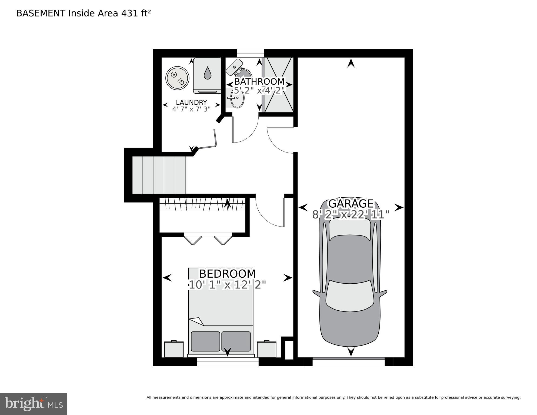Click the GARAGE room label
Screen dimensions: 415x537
351,203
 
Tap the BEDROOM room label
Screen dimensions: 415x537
227,274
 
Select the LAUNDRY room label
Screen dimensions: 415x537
191,102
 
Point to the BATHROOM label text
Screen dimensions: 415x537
259,81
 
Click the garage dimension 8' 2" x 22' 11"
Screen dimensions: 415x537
351,215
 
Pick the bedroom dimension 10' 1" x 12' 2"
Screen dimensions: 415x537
227,285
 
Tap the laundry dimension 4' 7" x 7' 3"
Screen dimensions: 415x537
191,109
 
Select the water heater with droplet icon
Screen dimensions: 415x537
207,76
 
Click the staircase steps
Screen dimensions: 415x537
159,175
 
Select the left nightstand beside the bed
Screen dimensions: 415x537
174,349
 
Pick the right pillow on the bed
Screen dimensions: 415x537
236,341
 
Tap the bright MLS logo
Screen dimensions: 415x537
34,404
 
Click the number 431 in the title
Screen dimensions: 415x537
130,14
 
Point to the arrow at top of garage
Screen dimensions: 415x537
351,64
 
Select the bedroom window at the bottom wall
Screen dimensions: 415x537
228,362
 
